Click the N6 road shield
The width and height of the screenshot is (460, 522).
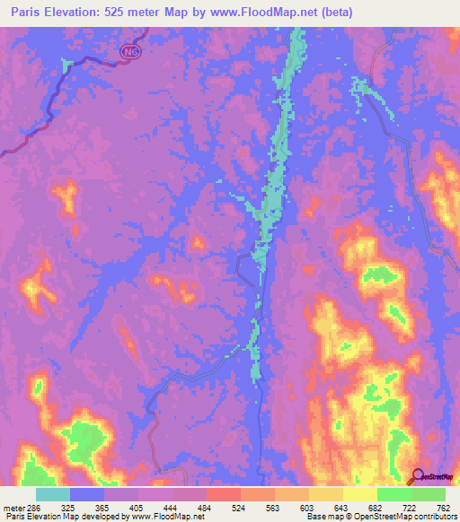pos(132,53)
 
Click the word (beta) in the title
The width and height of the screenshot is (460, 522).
pos(332,13)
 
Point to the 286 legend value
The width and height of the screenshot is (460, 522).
pos(26,507)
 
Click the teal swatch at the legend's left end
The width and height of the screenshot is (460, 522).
pos(52,494)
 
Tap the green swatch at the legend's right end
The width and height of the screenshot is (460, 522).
pos(428,494)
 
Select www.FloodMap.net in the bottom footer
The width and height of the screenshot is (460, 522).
pos(173,517)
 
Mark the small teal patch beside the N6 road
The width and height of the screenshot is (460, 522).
pos(66,64)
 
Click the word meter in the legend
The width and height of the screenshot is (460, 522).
pos(10,507)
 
